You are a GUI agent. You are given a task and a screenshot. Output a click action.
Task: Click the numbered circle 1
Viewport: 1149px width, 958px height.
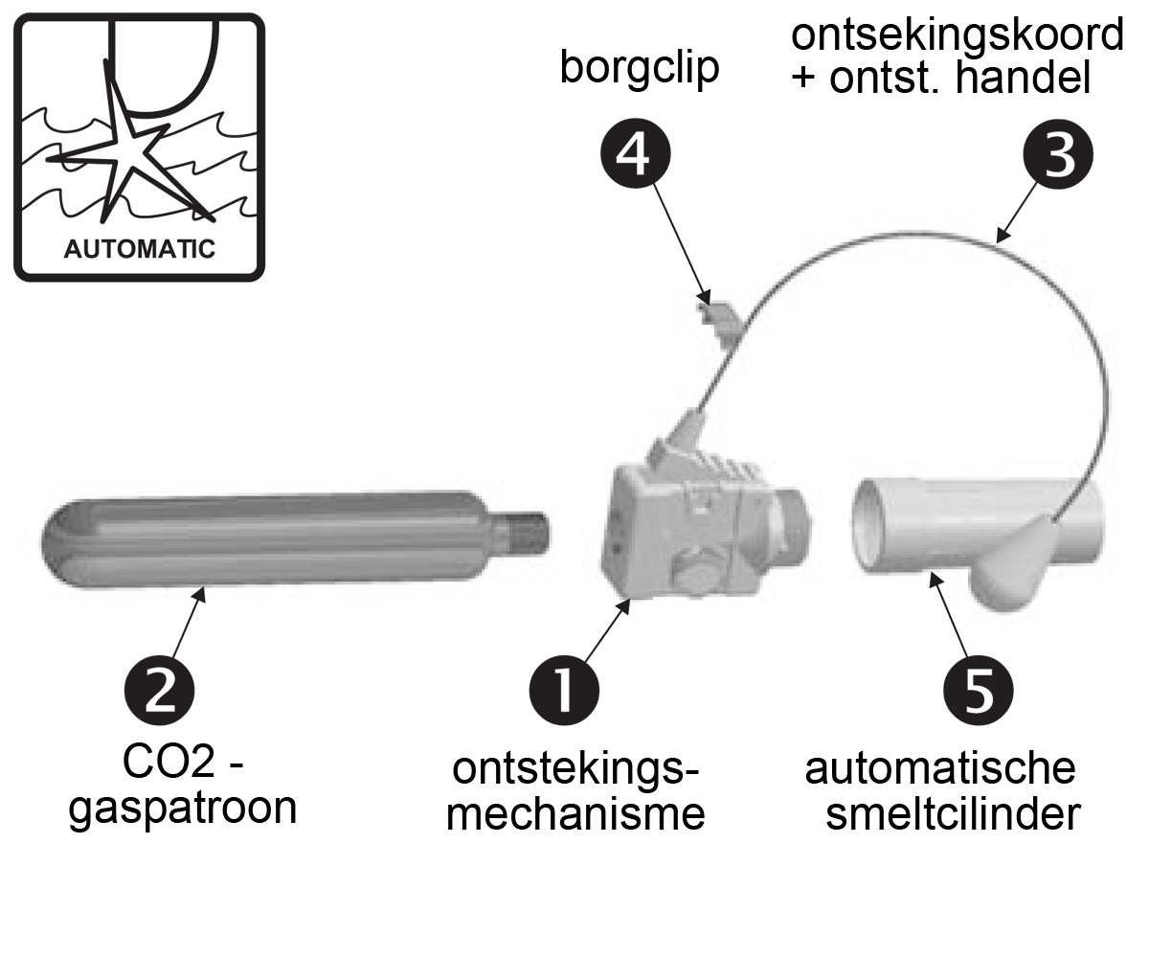coord(564,689)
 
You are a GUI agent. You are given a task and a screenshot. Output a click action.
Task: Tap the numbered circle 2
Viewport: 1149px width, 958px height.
coord(160,689)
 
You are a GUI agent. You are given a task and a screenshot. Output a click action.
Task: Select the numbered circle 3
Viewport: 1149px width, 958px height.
coord(1057,156)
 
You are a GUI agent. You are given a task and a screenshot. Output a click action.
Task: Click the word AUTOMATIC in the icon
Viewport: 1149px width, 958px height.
coord(139,249)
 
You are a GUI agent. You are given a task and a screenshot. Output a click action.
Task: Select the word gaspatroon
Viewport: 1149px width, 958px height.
coord(184,810)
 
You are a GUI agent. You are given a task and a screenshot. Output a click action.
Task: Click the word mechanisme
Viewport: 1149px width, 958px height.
coord(577,815)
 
